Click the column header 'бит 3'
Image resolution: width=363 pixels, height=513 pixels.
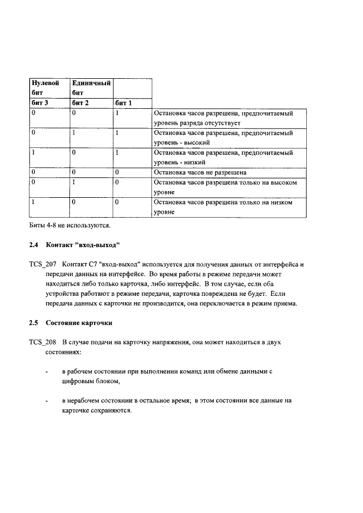(x=40, y=103)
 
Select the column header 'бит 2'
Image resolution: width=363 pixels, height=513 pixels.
(x=81, y=103)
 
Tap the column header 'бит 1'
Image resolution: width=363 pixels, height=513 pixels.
(x=123, y=103)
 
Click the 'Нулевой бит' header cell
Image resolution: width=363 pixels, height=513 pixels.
(x=45, y=88)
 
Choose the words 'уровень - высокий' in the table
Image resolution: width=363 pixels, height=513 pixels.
(x=182, y=142)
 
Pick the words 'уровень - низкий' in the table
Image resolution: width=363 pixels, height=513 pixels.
(x=180, y=162)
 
